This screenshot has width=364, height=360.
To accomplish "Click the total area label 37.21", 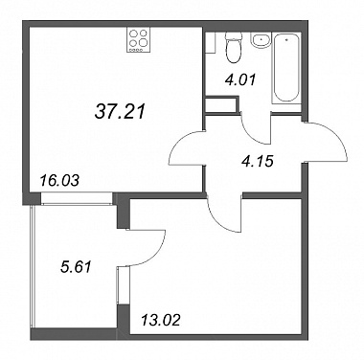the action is pyautogui.click(x=120, y=112).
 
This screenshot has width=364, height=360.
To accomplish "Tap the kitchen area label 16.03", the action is pyautogui.click(x=59, y=181).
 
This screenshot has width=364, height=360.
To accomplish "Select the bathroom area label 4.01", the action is pyautogui.click(x=240, y=79).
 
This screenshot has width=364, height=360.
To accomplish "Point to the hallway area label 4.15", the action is pyautogui.click(x=258, y=161).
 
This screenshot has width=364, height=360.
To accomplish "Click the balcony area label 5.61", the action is pyautogui.click(x=76, y=266).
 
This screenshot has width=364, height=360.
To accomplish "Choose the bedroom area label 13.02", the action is pyautogui.click(x=161, y=320).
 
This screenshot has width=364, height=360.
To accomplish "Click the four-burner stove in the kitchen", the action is pyautogui.click(x=139, y=40).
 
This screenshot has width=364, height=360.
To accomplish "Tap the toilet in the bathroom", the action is pyautogui.click(x=233, y=47).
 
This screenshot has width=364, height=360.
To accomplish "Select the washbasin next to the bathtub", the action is pyautogui.click(x=261, y=40).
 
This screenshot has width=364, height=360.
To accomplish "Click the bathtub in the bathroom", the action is pyautogui.click(x=285, y=68).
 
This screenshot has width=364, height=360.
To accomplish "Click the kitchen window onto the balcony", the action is pyautogui.click(x=77, y=198).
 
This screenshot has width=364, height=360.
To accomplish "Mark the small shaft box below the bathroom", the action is pyautogui.click(x=222, y=105).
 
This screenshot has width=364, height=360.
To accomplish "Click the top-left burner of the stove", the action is pyautogui.click(x=134, y=34).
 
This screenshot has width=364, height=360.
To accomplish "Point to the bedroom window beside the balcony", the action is pyautogui.click(x=119, y=285).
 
